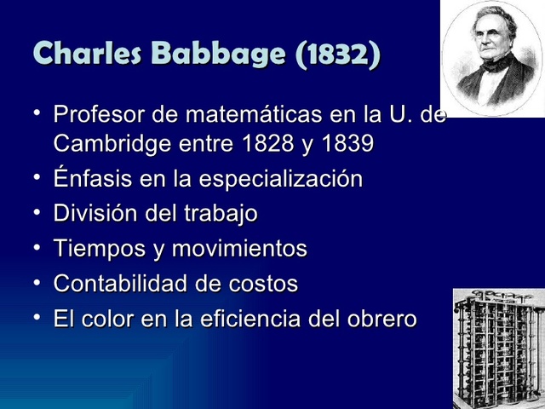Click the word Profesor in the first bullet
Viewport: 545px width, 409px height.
(x=98, y=115)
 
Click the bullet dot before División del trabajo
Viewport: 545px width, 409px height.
(x=37, y=213)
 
